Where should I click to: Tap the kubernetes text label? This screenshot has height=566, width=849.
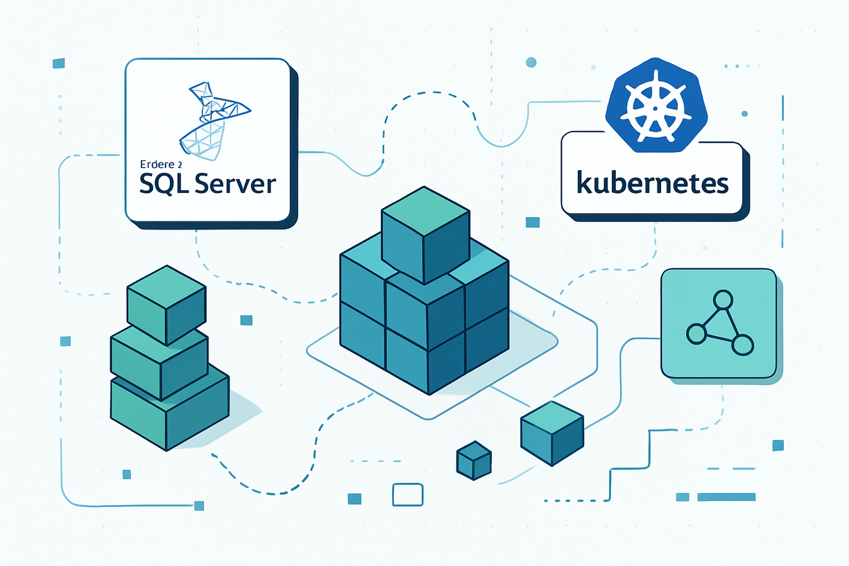coord(653,183)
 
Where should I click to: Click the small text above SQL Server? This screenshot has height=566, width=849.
coord(159,164)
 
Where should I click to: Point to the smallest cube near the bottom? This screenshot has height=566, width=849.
coord(474,461)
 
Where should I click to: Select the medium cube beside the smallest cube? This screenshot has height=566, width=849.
coord(551,434)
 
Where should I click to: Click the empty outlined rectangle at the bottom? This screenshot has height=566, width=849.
coord(407,495)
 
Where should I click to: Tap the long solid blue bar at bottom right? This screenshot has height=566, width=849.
coord(726,497)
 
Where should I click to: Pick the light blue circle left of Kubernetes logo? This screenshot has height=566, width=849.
coord(531,62)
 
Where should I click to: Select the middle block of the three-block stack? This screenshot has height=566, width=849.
coord(160,361)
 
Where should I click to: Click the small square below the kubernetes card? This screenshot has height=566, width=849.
coord(533,222)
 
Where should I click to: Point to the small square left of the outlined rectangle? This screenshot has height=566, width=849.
coord(354,499)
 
